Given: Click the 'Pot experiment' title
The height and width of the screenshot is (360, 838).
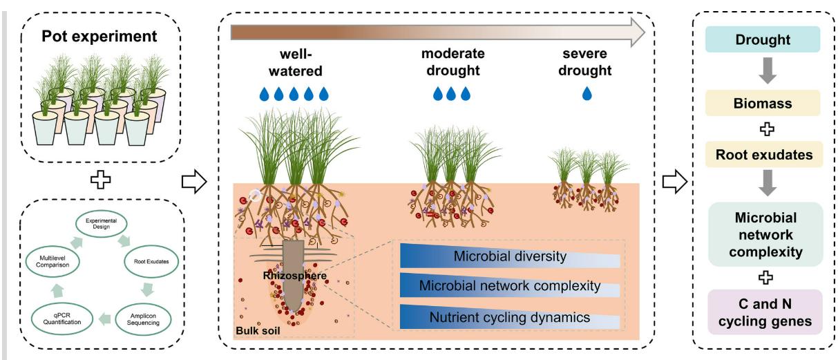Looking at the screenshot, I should pos(101,35).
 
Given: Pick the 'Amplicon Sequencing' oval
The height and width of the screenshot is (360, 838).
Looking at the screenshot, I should pos(142,317).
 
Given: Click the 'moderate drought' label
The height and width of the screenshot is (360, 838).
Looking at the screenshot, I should pos(453,61).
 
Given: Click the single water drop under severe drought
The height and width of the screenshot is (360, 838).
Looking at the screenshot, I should pos(587,93).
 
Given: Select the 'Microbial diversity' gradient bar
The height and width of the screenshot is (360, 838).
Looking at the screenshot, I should pos(510,257).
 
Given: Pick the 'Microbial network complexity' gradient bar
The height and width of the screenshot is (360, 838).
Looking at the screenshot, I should pos(510,286).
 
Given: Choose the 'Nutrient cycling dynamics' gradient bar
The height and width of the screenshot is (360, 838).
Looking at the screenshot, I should pos(510,318).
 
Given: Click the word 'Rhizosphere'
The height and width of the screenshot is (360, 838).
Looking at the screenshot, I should pos(294,276).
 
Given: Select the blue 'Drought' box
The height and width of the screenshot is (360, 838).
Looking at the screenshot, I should pos(762,39).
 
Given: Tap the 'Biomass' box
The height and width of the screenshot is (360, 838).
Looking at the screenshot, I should pos(762,103).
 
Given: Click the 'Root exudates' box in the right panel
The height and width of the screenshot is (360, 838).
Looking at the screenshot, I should pos(762,155).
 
